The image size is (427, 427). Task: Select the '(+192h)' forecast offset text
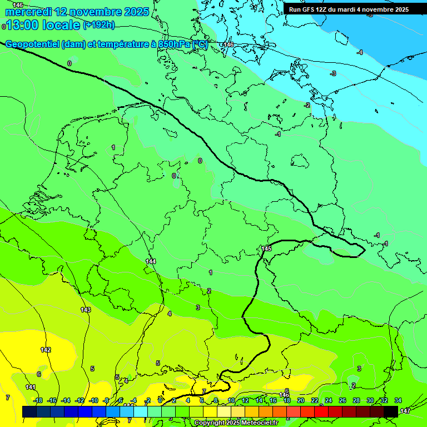[x=98, y=24]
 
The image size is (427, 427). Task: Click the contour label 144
[x=151, y=261]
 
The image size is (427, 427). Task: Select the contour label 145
[x=266, y=249]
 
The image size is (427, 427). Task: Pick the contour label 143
[x=86, y=310]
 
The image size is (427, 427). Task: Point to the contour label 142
[x=46, y=350]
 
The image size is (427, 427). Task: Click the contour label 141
[x=31, y=387]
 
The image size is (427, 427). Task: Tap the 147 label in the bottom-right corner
[x=405, y=410]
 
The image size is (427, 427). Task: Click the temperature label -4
[x=360, y=52]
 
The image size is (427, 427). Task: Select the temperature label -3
[x=333, y=73]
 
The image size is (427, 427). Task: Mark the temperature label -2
[x=307, y=105]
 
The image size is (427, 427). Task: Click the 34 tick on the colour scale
[x=398, y=400]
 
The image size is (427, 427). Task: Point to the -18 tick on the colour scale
[x=38, y=400]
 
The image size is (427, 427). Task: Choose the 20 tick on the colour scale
[x=300, y=400]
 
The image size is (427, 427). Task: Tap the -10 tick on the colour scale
[x=93, y=400]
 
